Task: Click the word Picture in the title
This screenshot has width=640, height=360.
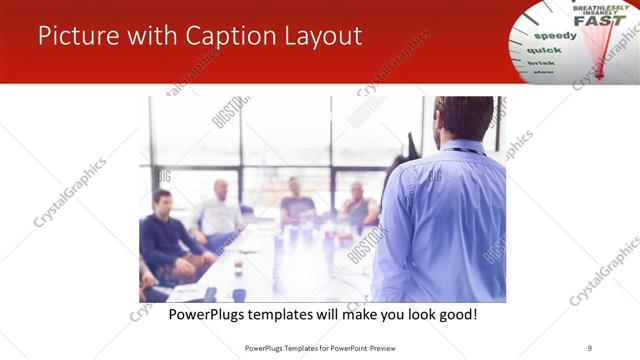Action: click(x=77, y=36)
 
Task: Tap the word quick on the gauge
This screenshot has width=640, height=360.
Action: click(x=544, y=49)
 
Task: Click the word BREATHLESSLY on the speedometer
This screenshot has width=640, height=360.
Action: click(x=596, y=7)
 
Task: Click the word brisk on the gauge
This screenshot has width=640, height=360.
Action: click(x=540, y=62)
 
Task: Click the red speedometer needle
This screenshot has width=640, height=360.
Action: click(x=605, y=50)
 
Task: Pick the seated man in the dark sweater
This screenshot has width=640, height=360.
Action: click(x=166, y=235)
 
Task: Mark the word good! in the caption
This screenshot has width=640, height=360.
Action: click(x=456, y=314)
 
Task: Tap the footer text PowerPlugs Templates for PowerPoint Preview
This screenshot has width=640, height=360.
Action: click(x=319, y=348)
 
